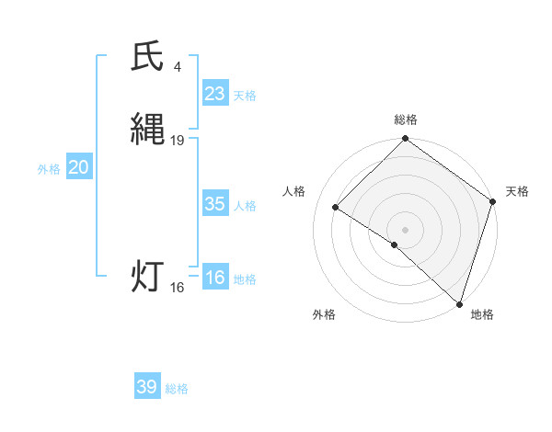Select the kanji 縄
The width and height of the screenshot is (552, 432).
point(147,130)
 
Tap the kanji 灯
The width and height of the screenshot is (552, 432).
point(147,277)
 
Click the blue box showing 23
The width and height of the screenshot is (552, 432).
point(214,94)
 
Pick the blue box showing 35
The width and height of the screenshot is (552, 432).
point(214,204)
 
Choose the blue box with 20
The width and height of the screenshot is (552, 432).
point(79,167)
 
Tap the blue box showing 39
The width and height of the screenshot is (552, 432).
point(146,387)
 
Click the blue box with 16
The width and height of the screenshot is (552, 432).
point(214,278)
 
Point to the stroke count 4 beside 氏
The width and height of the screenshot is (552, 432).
point(177,66)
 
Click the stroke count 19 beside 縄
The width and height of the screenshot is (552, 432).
point(178,141)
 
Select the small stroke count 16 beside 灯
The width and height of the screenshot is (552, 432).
point(177,288)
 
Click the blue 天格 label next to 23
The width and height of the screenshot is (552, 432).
point(244,96)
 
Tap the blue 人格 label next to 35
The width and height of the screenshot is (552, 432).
point(244,206)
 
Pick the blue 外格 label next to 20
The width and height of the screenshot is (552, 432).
point(49,169)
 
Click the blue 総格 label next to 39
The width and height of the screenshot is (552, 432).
point(177,389)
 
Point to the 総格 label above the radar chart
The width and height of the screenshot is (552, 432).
point(405,119)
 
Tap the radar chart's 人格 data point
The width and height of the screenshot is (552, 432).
point(336,208)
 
